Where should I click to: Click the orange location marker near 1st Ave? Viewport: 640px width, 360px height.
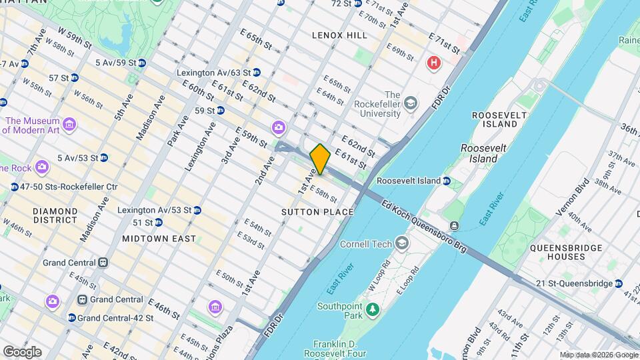(320, 159)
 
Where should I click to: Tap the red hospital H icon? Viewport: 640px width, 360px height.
(433, 63)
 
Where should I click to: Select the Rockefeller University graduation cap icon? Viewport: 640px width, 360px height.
(411, 102)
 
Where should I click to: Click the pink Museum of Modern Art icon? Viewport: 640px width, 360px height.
(69, 124)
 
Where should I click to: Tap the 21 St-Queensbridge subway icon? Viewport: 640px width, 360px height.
(619, 283)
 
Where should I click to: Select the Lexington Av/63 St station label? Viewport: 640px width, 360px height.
(213, 72)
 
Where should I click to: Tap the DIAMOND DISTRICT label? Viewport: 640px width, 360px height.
(55, 215)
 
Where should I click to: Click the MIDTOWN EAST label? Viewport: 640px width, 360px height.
(159, 238)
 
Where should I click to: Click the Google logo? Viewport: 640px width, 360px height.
(22, 352)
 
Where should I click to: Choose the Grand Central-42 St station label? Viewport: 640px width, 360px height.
(115, 318)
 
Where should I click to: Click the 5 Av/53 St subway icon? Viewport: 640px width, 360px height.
(104, 158)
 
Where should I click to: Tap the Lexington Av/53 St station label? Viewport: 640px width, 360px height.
(154, 210)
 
